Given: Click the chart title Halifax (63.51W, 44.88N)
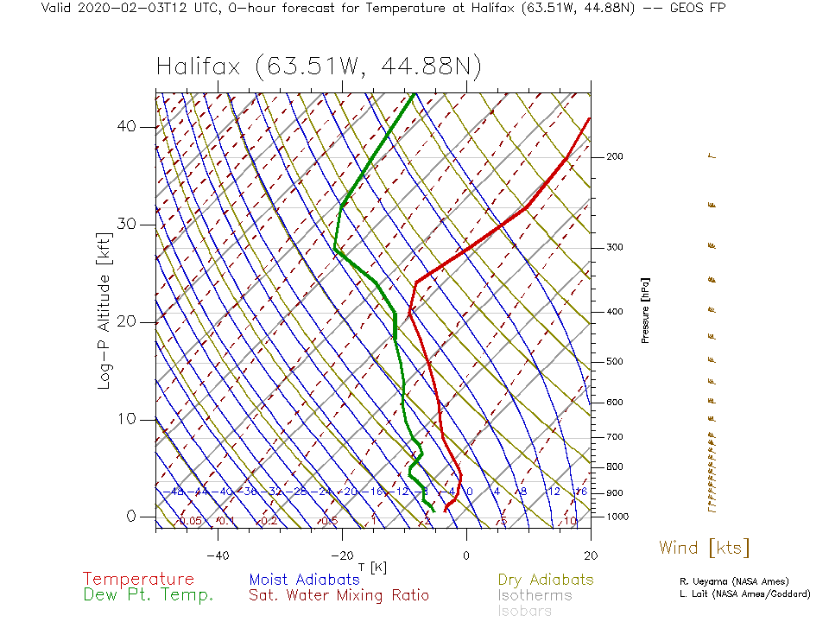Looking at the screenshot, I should click(319, 67).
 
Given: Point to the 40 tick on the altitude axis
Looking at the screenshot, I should click(127, 127).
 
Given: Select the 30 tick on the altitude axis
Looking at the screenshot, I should click(127, 225).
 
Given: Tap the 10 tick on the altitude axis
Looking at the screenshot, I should click(127, 420).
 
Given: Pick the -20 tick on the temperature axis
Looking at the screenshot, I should click(341, 555).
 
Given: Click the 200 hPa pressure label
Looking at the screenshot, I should click(615, 156).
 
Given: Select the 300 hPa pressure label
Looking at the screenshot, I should click(615, 248).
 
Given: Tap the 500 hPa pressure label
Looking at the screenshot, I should click(615, 361).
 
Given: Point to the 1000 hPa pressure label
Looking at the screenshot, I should click(617, 517).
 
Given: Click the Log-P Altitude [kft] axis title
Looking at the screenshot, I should click(104, 310).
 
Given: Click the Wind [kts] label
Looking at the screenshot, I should click(704, 548).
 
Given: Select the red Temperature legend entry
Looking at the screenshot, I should click(138, 580).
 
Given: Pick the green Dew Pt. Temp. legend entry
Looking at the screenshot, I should click(148, 595).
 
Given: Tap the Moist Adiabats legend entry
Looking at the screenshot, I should click(304, 580).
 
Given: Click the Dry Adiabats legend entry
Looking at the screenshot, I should click(546, 580).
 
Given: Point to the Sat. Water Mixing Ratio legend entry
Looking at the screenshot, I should click(339, 595).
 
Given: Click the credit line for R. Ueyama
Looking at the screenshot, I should click(734, 581).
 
